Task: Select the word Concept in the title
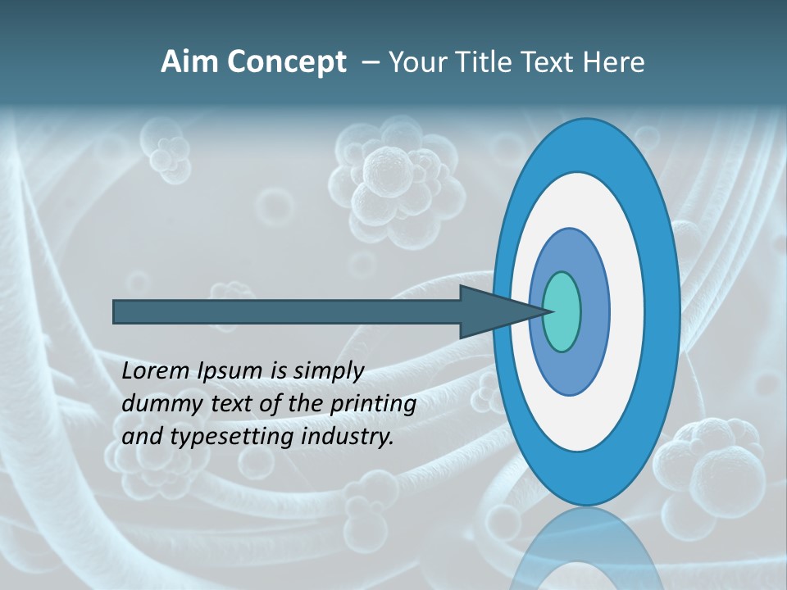(287, 62)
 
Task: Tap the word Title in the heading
(483, 62)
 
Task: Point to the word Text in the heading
(548, 62)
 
